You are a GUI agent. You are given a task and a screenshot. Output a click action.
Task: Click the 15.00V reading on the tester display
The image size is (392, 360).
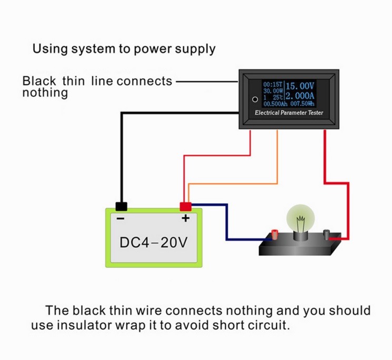299,86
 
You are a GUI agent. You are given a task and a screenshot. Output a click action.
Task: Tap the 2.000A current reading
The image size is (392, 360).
300,96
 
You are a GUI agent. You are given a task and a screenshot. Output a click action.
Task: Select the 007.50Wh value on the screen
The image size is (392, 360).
302,104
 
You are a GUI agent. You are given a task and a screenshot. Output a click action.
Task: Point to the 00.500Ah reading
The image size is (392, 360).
276,104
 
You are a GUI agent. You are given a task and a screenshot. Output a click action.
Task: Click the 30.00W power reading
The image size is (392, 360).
273,91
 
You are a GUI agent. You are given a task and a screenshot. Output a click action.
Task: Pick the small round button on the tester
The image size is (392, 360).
255,99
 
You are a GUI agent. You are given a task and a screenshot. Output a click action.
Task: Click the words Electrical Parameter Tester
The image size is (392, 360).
289,113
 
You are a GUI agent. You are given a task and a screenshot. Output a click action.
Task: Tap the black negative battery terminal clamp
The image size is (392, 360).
121,206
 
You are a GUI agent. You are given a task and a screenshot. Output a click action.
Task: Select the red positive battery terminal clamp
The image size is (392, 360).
186,207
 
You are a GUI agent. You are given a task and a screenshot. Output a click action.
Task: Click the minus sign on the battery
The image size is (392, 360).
120,219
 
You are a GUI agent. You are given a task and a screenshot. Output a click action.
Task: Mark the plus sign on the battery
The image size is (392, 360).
186,218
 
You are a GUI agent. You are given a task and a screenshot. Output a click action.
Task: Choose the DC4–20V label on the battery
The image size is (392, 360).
154,242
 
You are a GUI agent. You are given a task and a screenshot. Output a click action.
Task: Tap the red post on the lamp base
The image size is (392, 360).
275,234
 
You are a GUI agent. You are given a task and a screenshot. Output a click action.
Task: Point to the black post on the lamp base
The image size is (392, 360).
327,235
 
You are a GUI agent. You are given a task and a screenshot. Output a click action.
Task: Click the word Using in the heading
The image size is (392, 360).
50,49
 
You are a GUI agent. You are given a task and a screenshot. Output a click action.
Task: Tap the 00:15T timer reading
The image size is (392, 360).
273,85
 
